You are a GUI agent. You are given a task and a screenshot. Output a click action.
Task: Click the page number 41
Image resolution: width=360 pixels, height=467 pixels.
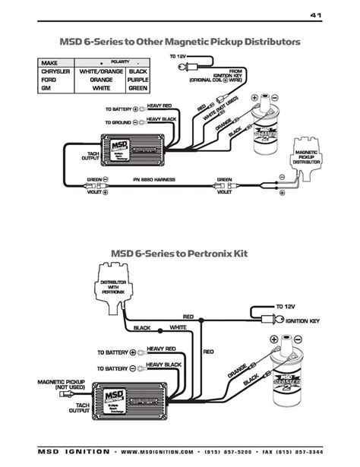[316, 14]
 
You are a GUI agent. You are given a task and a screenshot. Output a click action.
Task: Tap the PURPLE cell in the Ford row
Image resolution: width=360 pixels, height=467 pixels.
[137, 78]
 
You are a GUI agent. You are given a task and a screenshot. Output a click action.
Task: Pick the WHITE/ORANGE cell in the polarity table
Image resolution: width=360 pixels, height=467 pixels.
[100, 70]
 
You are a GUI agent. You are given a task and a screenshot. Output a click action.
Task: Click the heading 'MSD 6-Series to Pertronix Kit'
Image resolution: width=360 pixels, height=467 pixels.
[179, 252]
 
